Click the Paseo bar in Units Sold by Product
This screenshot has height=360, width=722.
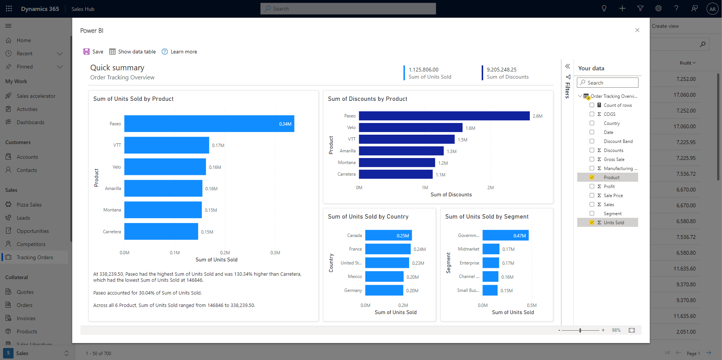209,124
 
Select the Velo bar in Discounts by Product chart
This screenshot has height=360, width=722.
410,128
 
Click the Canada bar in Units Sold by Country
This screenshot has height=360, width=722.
388,235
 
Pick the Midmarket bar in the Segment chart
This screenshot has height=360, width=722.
491,249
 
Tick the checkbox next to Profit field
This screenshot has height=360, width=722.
592,187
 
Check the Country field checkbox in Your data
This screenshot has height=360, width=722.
592,123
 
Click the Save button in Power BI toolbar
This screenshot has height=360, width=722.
93,52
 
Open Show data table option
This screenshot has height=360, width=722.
132,52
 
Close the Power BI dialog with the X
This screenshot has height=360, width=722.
637,30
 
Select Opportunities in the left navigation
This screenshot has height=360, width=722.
33,231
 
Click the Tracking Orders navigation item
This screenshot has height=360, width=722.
35,257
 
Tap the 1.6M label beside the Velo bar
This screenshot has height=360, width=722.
470,128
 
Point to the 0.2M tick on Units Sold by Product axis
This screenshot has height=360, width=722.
225,253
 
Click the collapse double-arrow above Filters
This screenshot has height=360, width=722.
567,66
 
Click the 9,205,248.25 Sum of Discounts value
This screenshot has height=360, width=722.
502,70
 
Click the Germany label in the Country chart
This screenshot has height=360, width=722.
353,290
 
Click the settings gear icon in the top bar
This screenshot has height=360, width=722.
658,9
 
